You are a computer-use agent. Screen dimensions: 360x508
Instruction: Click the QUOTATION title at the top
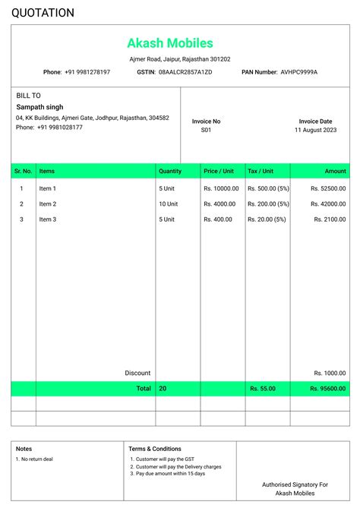click(x=43, y=13)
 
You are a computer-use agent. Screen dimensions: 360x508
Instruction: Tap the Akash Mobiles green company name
click(x=170, y=43)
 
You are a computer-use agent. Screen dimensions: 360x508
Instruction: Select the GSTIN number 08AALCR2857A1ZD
click(x=185, y=72)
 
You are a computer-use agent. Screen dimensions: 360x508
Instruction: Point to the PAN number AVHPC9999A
click(x=299, y=72)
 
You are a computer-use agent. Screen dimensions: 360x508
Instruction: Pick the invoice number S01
click(x=206, y=131)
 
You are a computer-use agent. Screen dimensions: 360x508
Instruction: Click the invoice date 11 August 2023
click(x=315, y=131)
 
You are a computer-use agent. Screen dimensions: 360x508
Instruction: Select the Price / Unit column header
click(x=219, y=172)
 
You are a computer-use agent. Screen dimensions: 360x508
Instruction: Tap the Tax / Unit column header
click(x=261, y=172)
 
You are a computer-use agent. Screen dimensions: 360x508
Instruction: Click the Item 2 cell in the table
click(x=48, y=204)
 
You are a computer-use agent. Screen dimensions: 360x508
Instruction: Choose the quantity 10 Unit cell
click(x=169, y=204)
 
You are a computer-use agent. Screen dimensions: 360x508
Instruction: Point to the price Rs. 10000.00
click(x=221, y=188)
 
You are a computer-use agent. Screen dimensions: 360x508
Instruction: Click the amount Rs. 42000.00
click(x=329, y=204)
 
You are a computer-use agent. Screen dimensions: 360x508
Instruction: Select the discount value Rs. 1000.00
click(x=330, y=373)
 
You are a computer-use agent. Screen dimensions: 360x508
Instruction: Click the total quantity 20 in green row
click(x=163, y=389)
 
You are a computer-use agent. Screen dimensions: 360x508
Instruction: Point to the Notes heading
click(x=24, y=449)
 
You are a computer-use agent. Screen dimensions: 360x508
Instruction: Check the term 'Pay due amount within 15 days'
click(x=170, y=473)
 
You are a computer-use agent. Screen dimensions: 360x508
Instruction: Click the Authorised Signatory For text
click(x=295, y=484)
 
